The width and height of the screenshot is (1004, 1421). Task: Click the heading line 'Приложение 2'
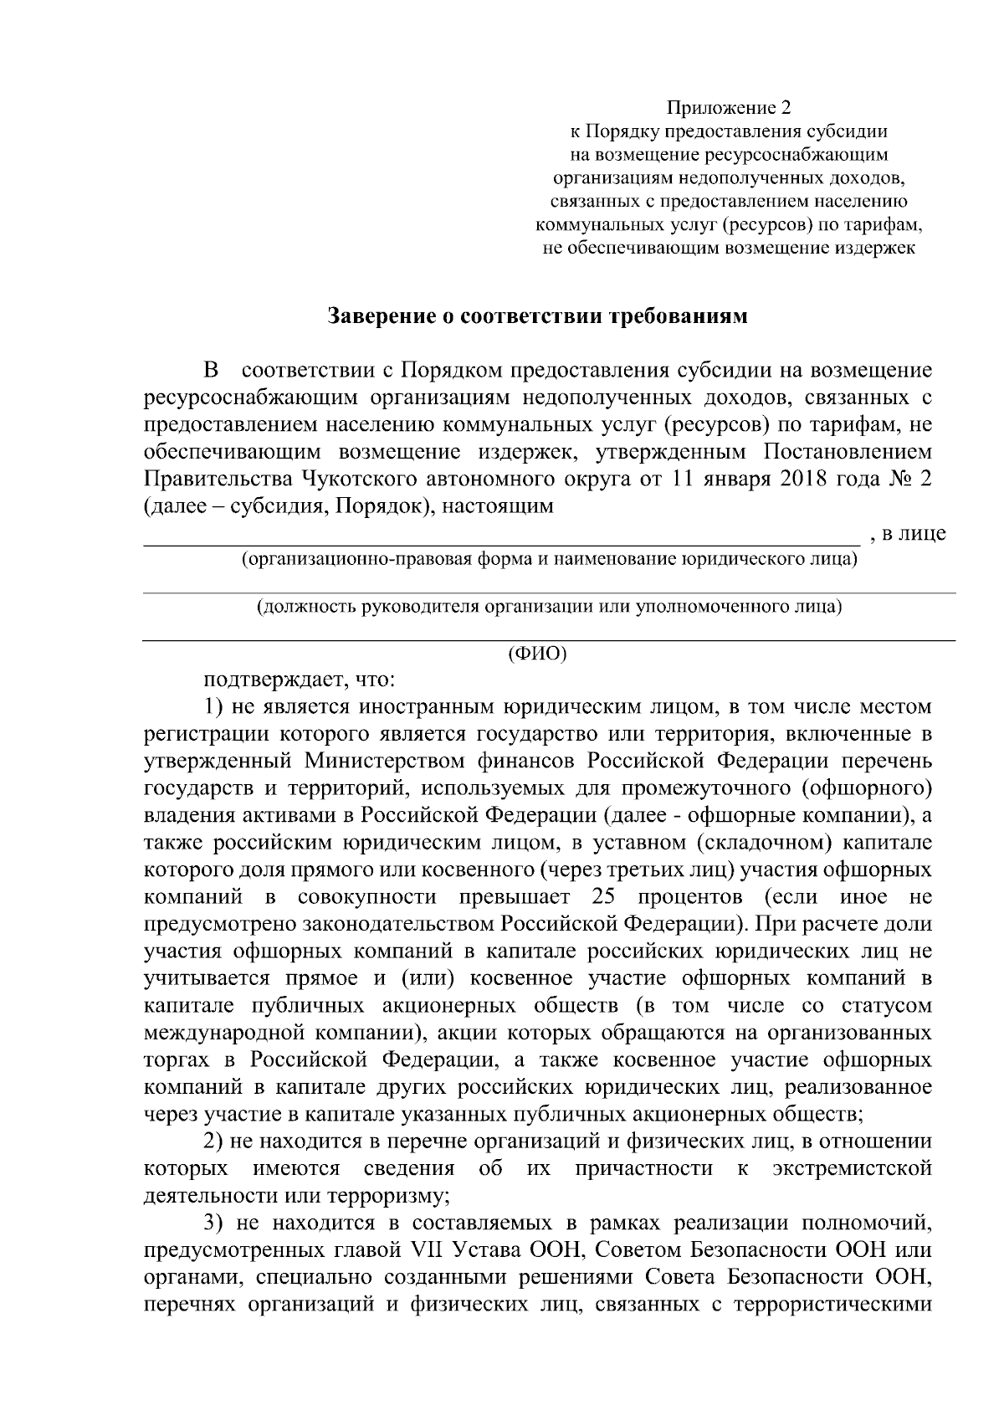tap(728, 108)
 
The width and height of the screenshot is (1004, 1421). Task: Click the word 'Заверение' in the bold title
tap(377, 316)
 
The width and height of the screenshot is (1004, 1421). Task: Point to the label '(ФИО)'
tap(538, 654)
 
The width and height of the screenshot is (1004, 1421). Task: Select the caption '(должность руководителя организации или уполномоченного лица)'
tap(549, 607)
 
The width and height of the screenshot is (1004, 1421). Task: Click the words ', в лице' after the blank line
tap(908, 533)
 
